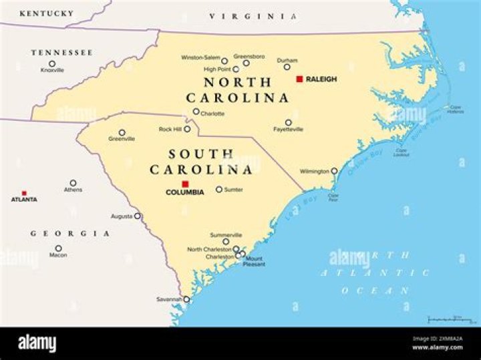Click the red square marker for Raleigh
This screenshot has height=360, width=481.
tap(299, 79)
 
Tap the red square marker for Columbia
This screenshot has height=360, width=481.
tap(186, 184)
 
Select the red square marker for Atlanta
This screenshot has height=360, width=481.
tap(24, 192)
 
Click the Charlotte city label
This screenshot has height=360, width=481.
tap(212, 114)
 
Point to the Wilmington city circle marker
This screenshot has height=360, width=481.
tap(335, 171)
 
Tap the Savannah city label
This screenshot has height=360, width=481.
tap(169, 299)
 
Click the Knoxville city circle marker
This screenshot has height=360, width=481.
tap(52, 63)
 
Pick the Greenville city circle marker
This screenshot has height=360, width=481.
tap(122, 132)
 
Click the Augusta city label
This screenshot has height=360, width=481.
tap(121, 216)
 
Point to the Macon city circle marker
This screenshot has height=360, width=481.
tap(58, 248)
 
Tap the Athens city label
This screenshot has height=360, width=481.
tap(73, 190)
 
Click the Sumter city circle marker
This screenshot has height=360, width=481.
tap(218, 190)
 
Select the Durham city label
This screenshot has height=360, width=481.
tap(287, 59)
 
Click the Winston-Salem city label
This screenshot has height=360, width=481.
tap(200, 57)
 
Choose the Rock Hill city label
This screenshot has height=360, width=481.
tap(170, 129)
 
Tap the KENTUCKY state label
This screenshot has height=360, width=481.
tap(47, 13)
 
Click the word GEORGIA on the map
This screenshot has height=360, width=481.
tap(70, 233)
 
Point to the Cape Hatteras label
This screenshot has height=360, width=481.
tap(456, 109)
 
